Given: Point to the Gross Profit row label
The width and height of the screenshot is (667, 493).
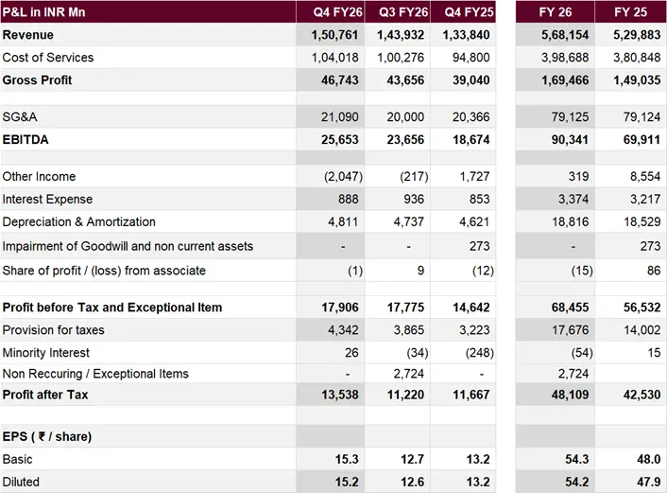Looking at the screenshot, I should coord(38,80).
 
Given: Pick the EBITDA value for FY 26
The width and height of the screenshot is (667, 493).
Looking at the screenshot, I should coord(566,139).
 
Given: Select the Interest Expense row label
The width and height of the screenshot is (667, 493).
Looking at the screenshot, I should coord(47,200).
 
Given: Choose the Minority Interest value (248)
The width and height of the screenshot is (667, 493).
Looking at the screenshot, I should coord(474,353).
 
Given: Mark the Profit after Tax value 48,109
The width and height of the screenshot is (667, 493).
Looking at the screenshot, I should coord(566,395).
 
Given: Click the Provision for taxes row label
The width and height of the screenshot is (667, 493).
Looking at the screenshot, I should coord(54,330).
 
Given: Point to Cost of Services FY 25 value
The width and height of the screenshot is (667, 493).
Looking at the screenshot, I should coord(636,58).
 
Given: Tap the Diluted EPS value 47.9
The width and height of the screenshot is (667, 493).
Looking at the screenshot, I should coord(647,482).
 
